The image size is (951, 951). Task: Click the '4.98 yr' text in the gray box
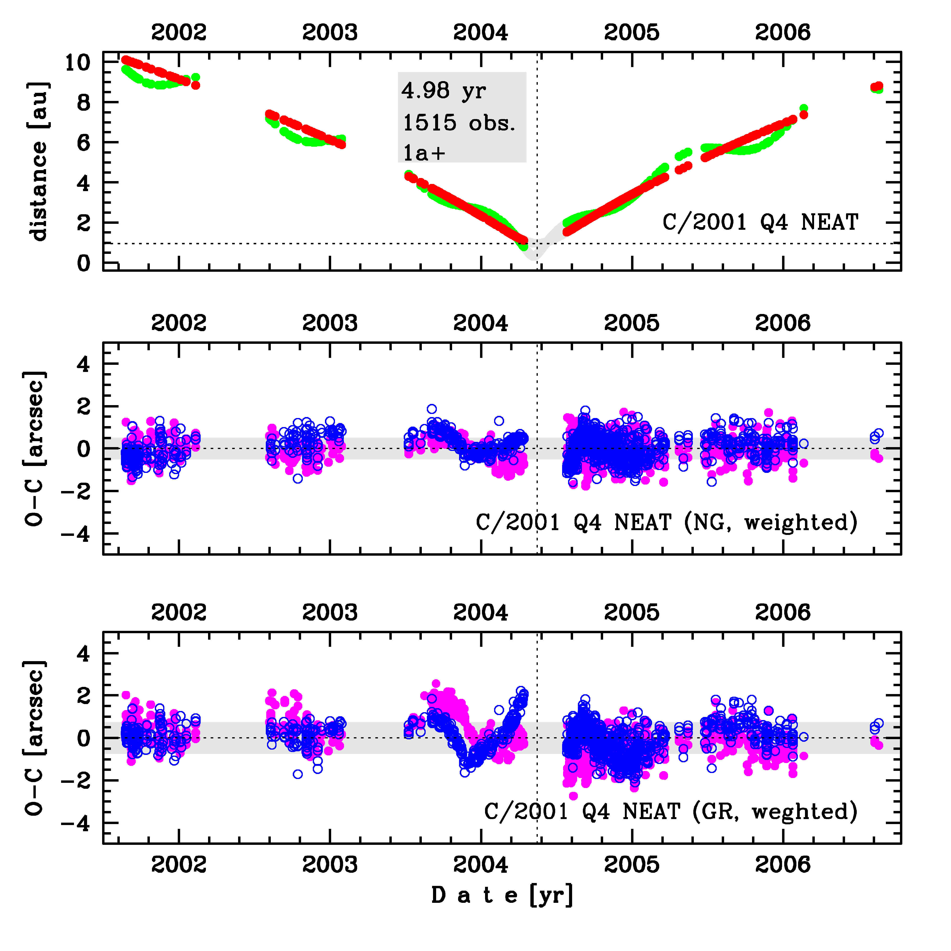click(444, 91)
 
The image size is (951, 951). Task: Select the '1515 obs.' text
click(459, 123)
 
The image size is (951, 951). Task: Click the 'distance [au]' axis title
click(38, 162)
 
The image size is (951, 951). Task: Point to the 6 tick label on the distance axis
click(84, 143)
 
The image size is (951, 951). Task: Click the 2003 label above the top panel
click(329, 32)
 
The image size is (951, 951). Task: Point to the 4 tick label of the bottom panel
click(84, 654)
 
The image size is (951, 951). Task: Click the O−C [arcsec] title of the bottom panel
click(36, 738)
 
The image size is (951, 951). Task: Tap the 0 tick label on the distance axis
click(84, 263)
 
